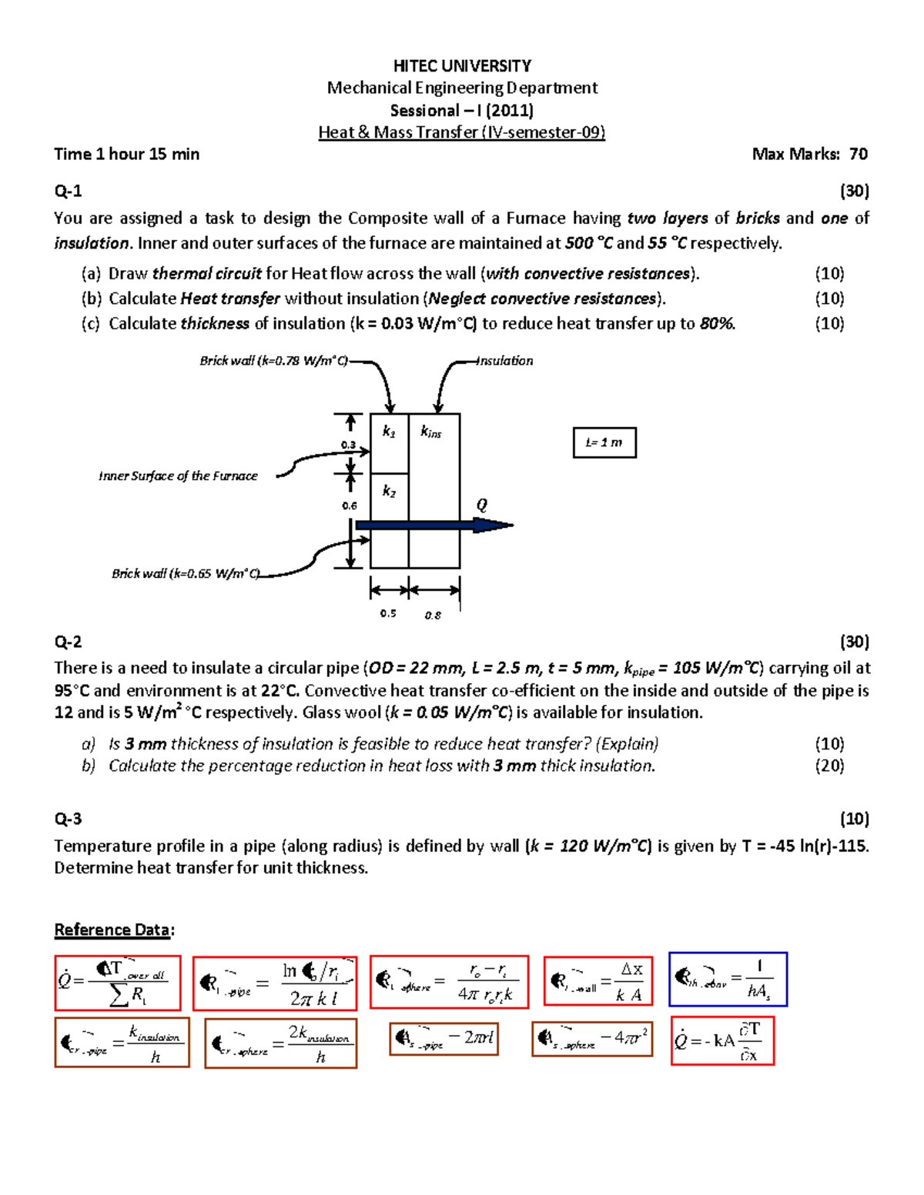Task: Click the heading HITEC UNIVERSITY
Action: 462,66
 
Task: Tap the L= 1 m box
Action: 604,442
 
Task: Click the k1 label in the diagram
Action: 389,432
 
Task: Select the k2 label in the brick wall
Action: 390,491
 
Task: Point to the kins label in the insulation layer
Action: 430,432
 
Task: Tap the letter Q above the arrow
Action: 482,505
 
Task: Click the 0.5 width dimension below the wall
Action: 388,613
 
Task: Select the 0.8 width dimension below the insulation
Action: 433,615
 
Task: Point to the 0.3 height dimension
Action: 348,445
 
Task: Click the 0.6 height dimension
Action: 350,506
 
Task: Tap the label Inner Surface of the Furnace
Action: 178,476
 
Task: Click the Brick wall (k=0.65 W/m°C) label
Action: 186,573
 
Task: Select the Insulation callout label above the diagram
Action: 505,361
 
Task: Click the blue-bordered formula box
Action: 728,979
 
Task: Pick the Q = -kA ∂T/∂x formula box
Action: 722,1041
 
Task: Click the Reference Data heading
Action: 112,930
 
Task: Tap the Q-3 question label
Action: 68,819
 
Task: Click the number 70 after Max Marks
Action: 858,154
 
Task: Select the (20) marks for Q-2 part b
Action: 829,766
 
